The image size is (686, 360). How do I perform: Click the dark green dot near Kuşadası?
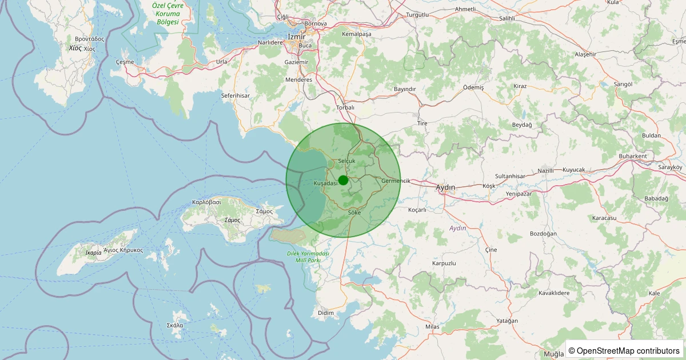(343, 180)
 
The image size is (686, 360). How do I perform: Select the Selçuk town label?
(346, 161)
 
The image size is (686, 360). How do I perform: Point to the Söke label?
(354, 213)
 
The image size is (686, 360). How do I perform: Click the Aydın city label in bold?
(445, 187)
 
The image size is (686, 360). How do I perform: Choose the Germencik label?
(396, 181)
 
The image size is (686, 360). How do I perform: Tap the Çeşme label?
(125, 62)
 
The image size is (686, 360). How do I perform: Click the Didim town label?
(325, 313)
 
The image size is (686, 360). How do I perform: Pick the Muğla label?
(554, 354)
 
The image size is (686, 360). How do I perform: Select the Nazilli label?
(546, 171)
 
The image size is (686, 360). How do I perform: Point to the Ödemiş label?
(473, 87)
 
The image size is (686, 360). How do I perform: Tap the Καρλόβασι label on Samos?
(206, 202)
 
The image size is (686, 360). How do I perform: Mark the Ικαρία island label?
(93, 252)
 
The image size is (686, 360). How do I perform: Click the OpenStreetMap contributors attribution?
(625, 350)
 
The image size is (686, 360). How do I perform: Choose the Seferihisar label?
(236, 95)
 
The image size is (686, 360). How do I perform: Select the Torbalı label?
(345, 107)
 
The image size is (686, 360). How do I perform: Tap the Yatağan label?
(507, 321)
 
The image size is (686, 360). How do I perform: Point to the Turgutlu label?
(417, 15)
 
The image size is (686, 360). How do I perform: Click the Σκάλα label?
(175, 325)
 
